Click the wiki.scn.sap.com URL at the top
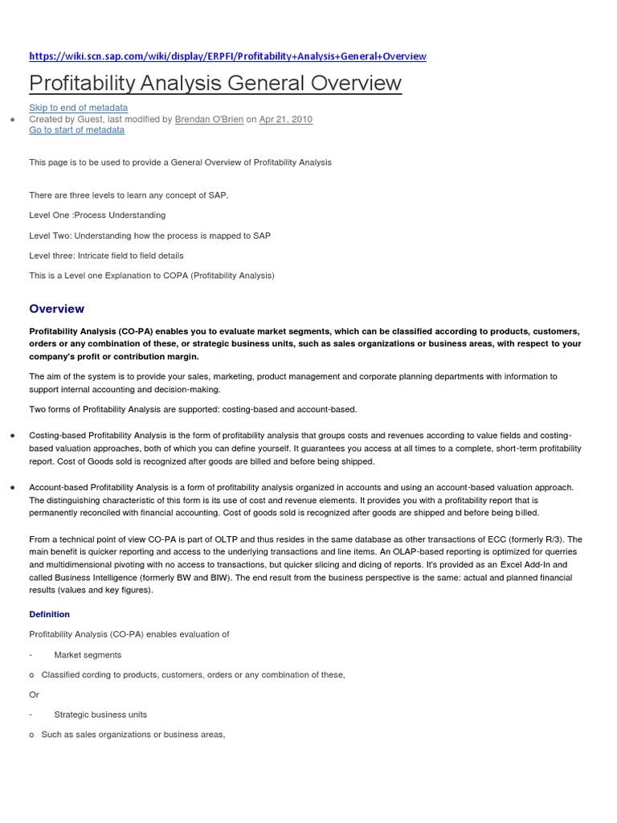[227, 56]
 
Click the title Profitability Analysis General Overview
[215, 83]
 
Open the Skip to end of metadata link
[78, 108]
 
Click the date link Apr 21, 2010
[286, 119]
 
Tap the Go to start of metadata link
[76, 129]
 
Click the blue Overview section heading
[56, 309]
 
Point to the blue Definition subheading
[49, 614]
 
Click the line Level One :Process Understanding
[97, 215]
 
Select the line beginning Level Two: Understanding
[149, 235]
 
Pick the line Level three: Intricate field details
[106, 256]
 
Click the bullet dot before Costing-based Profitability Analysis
[12, 435]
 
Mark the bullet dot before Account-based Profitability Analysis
[12, 487]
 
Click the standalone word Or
[34, 694]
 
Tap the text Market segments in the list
[88, 654]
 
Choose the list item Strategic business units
[100, 714]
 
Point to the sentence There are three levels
[129, 195]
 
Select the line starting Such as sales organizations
[133, 735]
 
